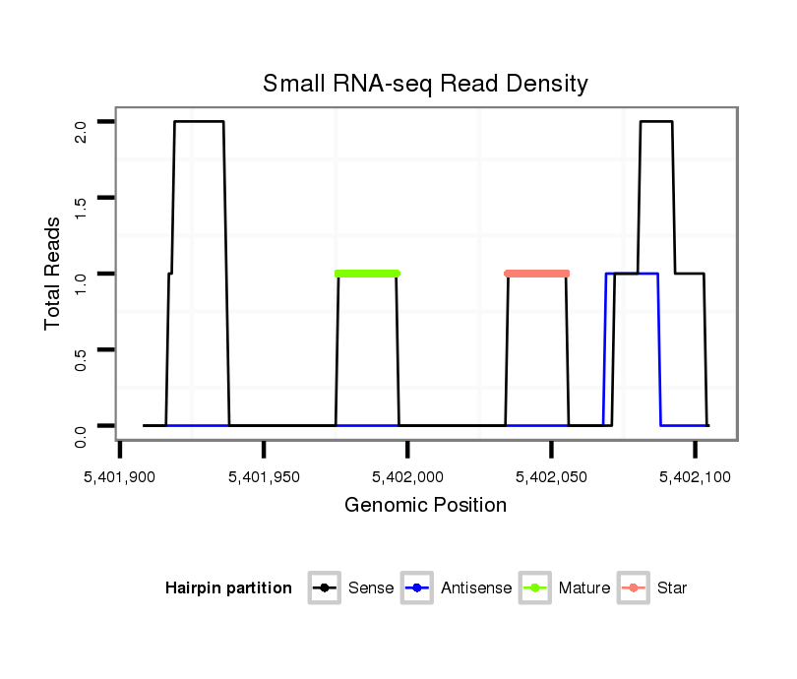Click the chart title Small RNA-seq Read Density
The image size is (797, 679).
[425, 84]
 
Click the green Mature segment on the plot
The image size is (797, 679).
[367, 274]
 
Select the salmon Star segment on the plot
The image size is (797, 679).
[537, 274]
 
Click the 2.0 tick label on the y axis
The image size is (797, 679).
[82, 122]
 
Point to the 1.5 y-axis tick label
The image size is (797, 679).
[82, 198]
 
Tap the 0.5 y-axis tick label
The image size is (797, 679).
[82, 349]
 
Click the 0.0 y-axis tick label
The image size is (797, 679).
[82, 425]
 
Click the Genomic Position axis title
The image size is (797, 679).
[425, 506]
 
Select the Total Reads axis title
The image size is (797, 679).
[53, 274]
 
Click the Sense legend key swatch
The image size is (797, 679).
[324, 588]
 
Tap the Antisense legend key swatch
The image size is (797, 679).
[418, 588]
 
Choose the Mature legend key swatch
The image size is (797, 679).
[535, 588]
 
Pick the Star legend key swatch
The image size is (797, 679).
[634, 588]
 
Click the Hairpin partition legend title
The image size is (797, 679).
[228, 588]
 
